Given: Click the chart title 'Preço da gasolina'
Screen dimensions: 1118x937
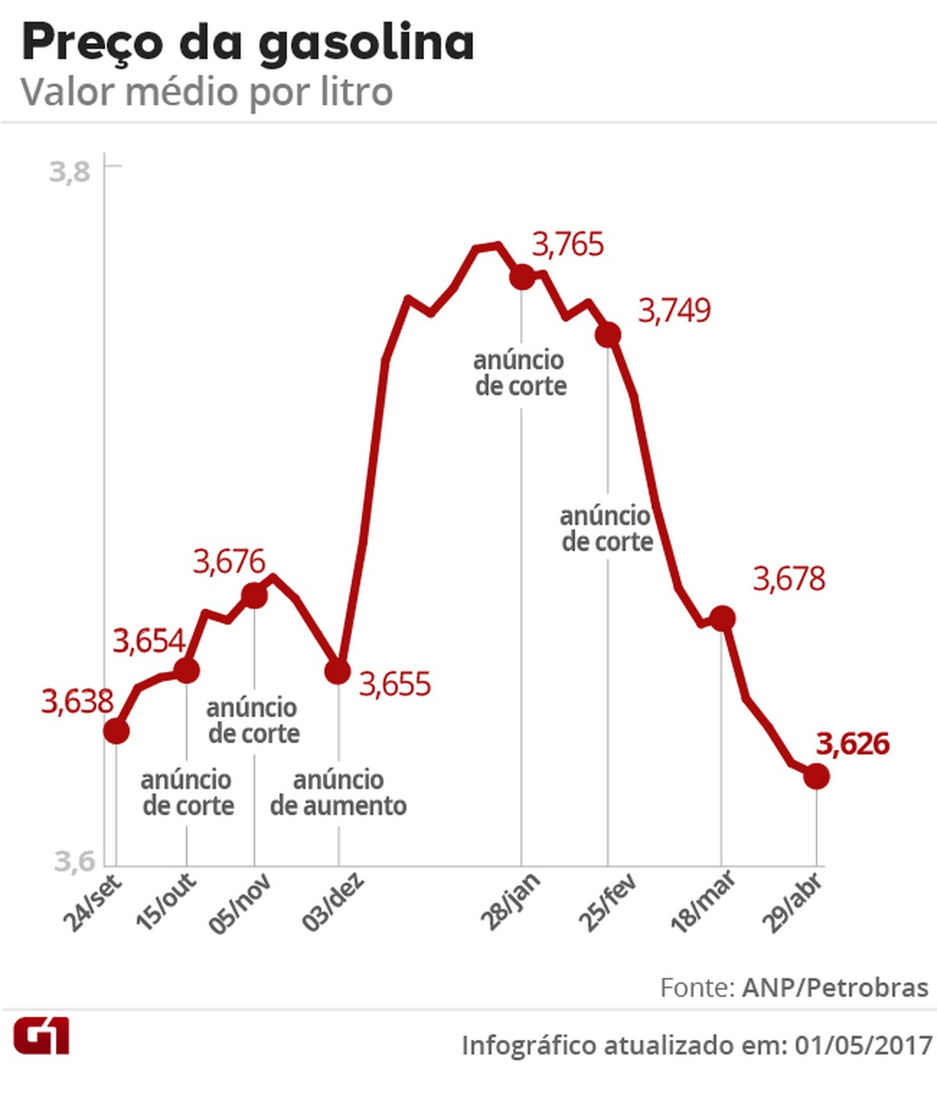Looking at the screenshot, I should [248, 42].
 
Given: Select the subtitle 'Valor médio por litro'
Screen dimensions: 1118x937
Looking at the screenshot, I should [206, 92].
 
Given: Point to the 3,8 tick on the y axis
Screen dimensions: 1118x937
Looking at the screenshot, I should [70, 170].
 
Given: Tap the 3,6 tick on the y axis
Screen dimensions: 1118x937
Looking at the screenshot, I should [74, 860].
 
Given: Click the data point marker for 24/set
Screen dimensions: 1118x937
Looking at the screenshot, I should [116, 731].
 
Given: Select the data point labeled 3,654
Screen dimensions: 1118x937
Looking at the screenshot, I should [187, 670].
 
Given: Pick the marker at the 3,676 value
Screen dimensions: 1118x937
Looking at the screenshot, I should [255, 596].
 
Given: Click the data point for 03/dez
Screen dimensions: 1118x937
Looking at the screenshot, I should [337, 670].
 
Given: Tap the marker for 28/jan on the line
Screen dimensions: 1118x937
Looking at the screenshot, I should [522, 277].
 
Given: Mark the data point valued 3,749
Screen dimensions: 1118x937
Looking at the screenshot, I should [607, 335].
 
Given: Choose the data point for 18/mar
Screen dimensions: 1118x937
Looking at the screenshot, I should [722, 618].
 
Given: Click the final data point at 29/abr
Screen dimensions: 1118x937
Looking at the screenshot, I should [816, 776].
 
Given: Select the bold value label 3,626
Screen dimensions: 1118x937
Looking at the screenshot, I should [852, 744].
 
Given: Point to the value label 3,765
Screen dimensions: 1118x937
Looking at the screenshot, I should [568, 245].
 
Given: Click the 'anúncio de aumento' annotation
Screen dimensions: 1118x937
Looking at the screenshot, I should [338, 792].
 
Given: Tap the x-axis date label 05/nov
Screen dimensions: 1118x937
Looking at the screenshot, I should [240, 904].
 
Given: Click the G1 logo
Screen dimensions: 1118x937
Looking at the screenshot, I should [41, 1036].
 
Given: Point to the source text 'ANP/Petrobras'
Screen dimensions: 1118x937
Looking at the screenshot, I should [835, 988].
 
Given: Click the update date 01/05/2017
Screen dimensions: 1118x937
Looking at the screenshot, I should [863, 1045].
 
